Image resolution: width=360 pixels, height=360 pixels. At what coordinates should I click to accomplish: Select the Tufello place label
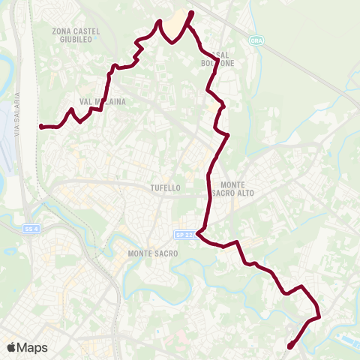165,188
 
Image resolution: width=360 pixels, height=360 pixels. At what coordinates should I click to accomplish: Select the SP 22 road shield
184,235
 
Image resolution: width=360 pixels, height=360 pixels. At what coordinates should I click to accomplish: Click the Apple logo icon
11,347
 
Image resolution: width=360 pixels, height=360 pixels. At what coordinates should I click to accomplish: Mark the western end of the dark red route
40,127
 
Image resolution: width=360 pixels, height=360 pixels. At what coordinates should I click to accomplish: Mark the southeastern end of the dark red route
290,346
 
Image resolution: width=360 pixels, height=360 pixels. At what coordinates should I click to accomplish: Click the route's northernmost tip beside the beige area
191,13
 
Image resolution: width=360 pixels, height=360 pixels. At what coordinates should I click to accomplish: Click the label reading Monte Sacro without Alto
153,253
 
